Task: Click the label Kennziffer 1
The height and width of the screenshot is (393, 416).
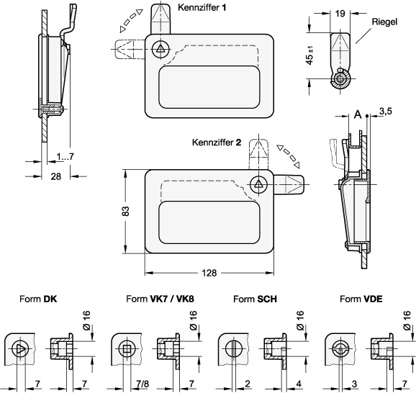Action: click(202, 7)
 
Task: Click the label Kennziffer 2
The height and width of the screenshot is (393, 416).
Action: click(217, 143)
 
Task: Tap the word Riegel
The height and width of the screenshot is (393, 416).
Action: click(384, 22)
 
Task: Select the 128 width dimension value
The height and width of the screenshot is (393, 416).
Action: click(209, 273)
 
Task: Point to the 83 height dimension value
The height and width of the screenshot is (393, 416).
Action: click(126, 211)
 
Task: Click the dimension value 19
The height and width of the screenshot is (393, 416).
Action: click(340, 13)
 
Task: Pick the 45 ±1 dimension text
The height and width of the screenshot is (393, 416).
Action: click(309, 55)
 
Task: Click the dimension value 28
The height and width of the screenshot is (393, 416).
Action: click(55, 176)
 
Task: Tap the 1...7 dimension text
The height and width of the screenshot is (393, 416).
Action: click(65, 157)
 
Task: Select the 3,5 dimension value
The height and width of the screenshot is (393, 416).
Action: click(386, 112)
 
